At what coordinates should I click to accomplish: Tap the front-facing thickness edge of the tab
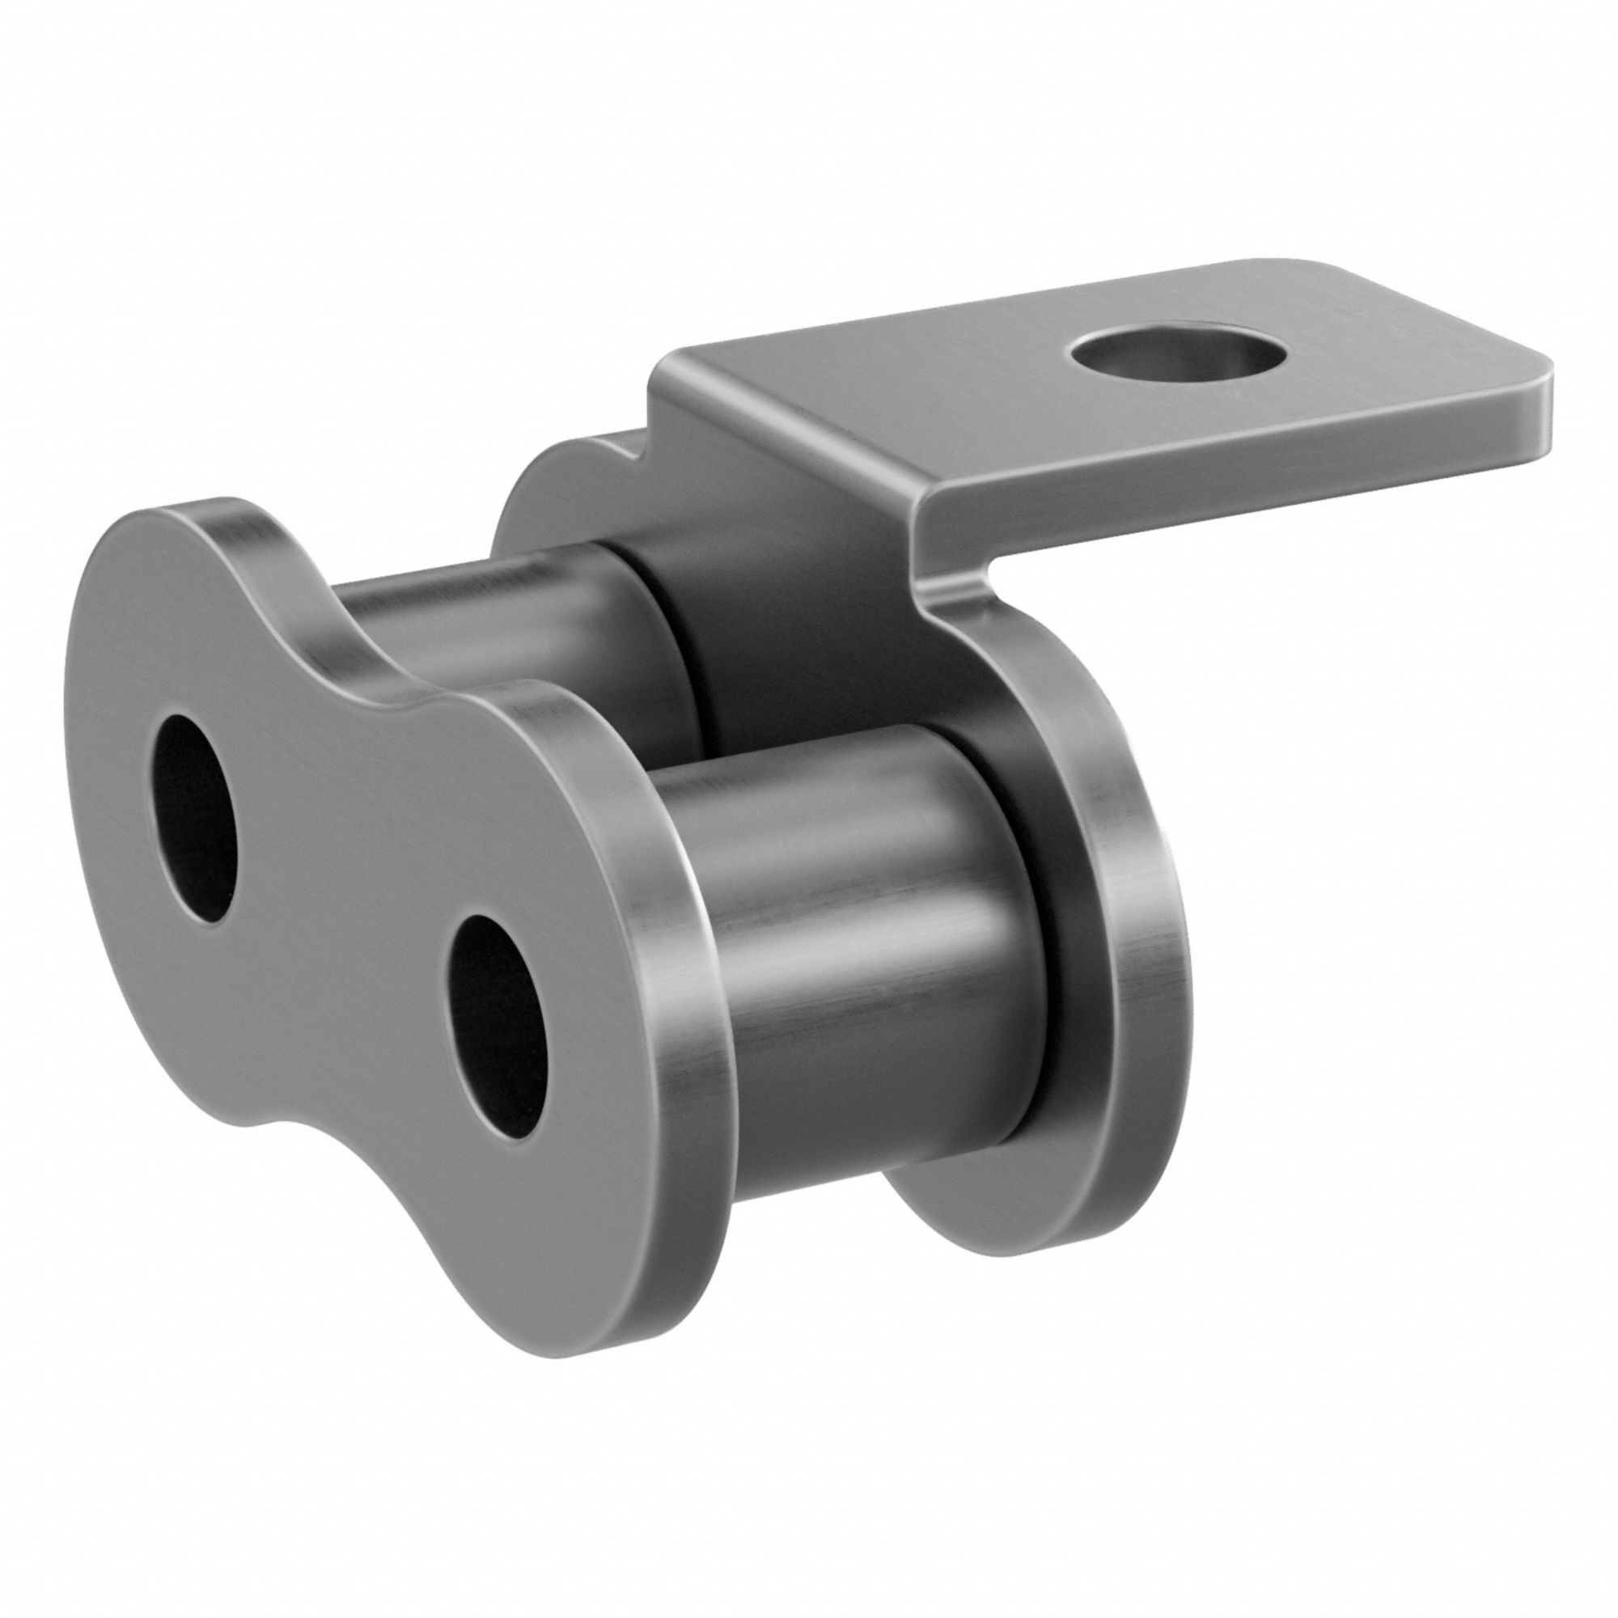click(x=1222, y=465)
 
